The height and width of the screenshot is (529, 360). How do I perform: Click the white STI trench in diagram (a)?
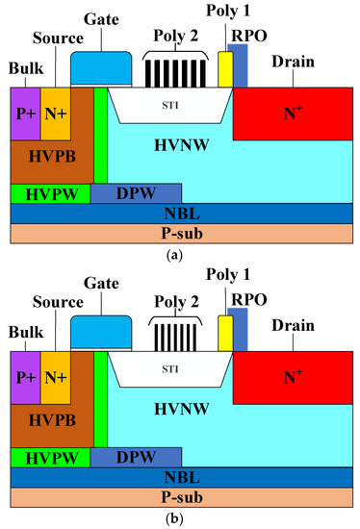pyautogui.click(x=169, y=103)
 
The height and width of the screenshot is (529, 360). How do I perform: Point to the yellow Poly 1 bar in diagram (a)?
pyautogui.click(x=225, y=69)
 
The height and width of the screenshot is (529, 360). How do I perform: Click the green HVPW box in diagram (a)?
pyautogui.click(x=49, y=193)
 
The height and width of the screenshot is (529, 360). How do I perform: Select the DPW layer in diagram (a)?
pyautogui.click(x=135, y=193)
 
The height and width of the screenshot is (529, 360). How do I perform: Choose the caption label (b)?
pyautogui.click(x=180, y=519)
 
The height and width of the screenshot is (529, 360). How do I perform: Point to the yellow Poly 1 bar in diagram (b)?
pyautogui.click(x=225, y=332)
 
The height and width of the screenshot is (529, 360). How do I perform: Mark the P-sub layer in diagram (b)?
pyautogui.click(x=179, y=497)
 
